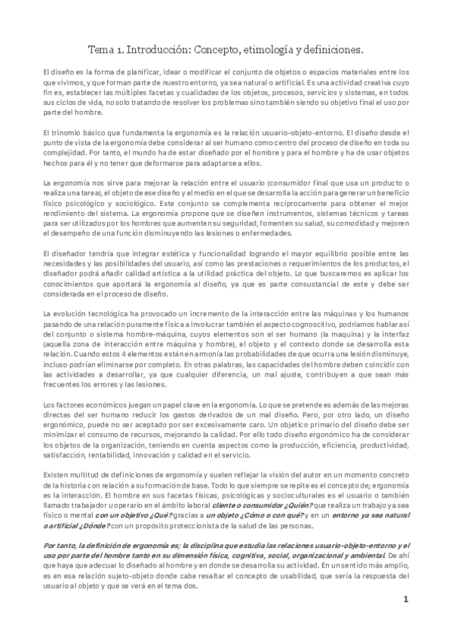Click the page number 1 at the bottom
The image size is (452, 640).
point(405,620)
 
